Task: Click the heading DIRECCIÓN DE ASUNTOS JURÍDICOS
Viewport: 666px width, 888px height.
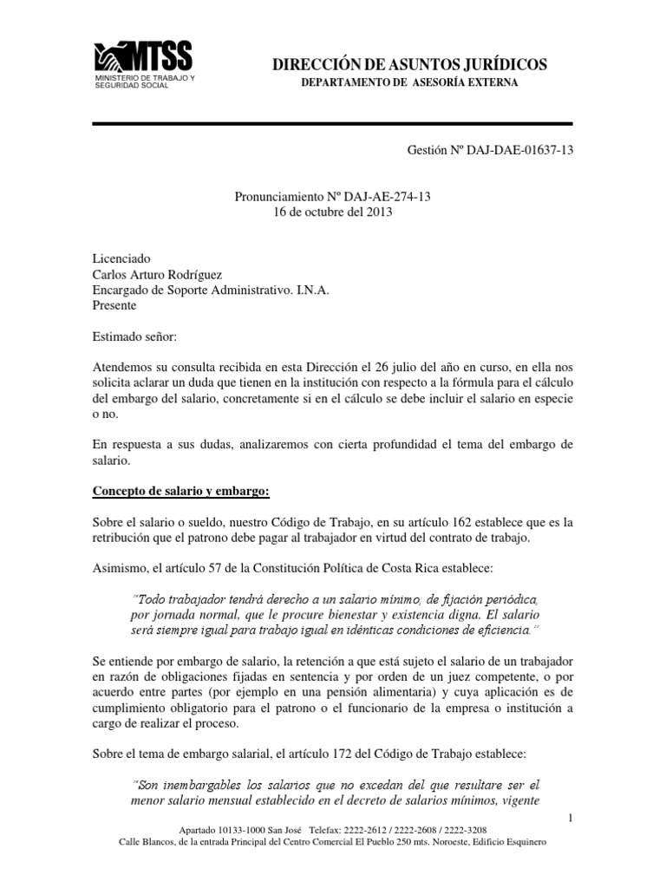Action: pyautogui.click(x=409, y=64)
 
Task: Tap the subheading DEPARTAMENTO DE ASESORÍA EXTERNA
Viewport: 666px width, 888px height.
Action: pyautogui.click(x=409, y=82)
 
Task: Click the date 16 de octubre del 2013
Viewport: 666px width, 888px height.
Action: pyautogui.click(x=333, y=213)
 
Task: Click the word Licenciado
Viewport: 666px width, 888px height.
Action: pyautogui.click(x=121, y=258)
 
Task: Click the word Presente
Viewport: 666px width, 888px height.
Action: pyautogui.click(x=114, y=305)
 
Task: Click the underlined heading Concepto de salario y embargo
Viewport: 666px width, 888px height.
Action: pyautogui.click(x=181, y=493)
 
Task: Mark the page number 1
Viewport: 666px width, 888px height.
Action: pyautogui.click(x=570, y=818)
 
